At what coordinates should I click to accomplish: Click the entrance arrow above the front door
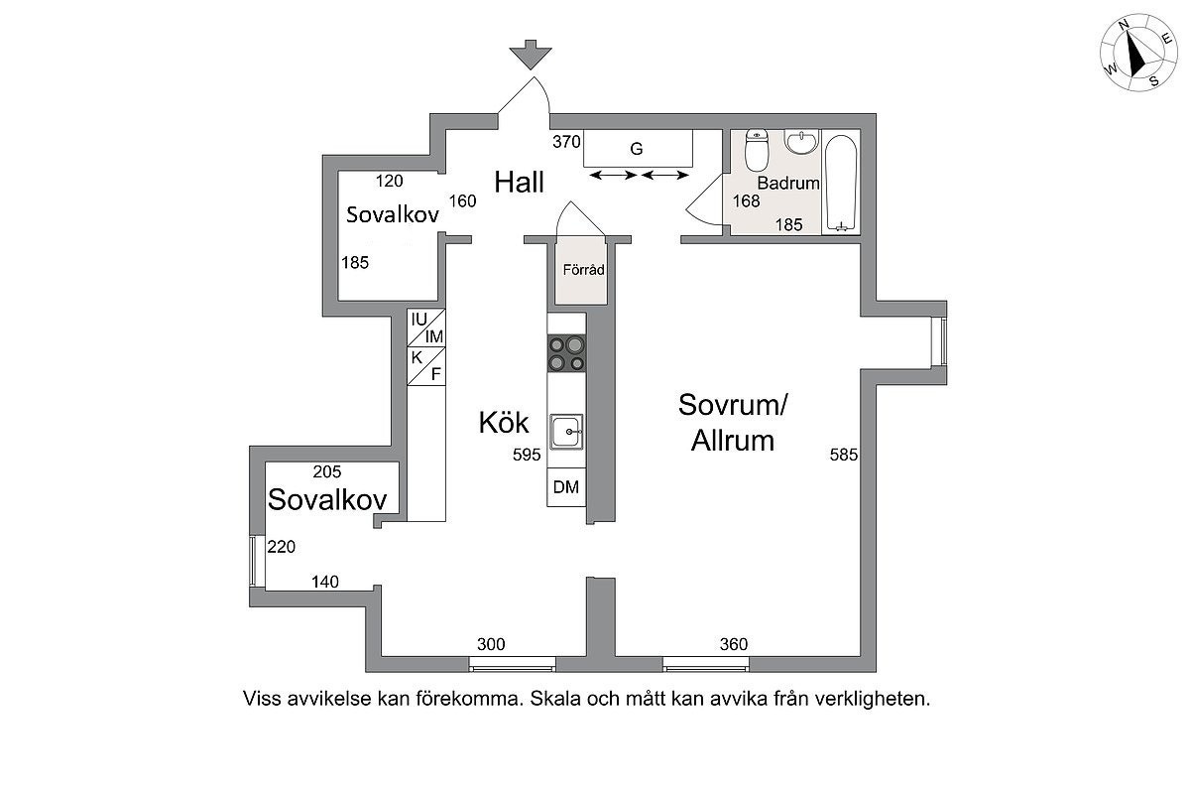531,55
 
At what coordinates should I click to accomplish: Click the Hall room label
519,183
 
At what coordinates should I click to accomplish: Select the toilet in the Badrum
757,150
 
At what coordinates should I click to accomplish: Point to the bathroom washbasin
801,141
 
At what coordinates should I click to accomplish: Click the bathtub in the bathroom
841,183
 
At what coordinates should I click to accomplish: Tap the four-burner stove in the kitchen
566,353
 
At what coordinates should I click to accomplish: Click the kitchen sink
566,432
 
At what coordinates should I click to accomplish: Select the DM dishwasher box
566,486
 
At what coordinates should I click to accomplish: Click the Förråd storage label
583,270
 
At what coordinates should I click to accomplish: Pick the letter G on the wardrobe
637,149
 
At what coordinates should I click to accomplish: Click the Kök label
503,423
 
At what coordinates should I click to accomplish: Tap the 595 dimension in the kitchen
527,455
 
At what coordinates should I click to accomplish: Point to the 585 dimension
844,455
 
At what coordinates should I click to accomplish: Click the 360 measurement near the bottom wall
734,644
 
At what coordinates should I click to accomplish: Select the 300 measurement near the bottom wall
491,644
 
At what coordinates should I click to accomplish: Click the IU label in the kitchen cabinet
419,320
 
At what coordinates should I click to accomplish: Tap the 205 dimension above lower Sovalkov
327,471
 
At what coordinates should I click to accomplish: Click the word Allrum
733,441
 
